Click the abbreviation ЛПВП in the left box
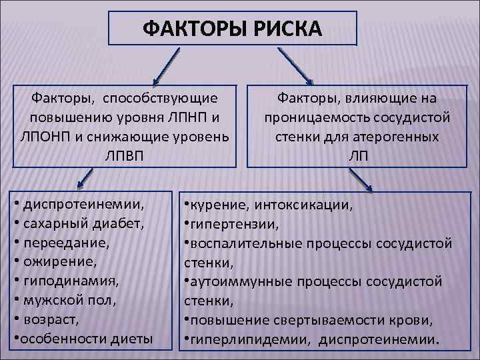click(125, 155)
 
